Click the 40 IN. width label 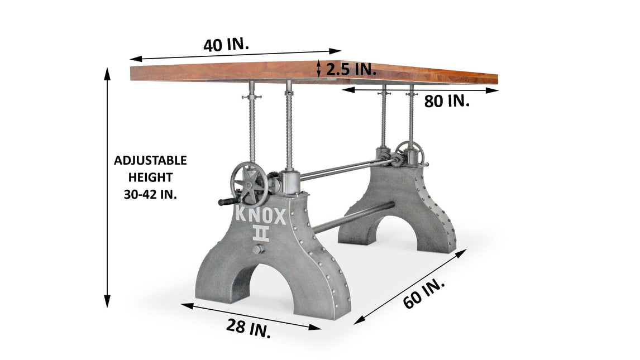pyautogui.click(x=226, y=45)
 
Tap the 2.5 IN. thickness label pyautogui.click(x=351, y=69)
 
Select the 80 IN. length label pyautogui.click(x=447, y=100)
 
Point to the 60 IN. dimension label pyautogui.click(x=424, y=294)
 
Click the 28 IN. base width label pyautogui.click(x=249, y=328)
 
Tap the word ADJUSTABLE pyautogui.click(x=150, y=160)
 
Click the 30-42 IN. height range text pyautogui.click(x=150, y=194)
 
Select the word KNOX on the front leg pyautogui.click(x=261, y=216)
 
